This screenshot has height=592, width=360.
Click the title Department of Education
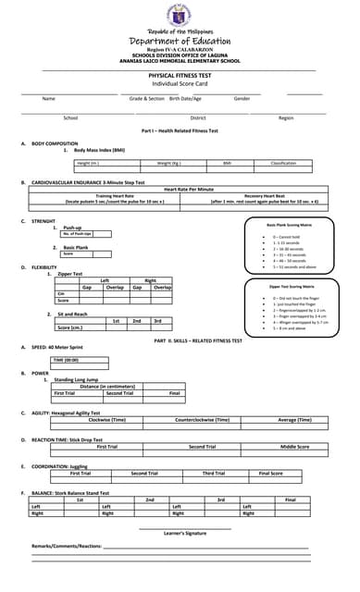pos(180,41)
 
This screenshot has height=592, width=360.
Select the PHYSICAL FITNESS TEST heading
pos(180,75)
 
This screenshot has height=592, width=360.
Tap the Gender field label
pos(242,98)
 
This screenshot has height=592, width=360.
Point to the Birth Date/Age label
pos(185,98)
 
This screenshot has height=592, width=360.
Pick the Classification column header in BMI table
pos(282,163)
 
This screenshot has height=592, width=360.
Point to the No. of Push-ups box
pos(78,234)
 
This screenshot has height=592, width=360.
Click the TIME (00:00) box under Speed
pos(66,360)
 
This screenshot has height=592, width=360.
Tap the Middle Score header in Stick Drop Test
pos(294,446)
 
